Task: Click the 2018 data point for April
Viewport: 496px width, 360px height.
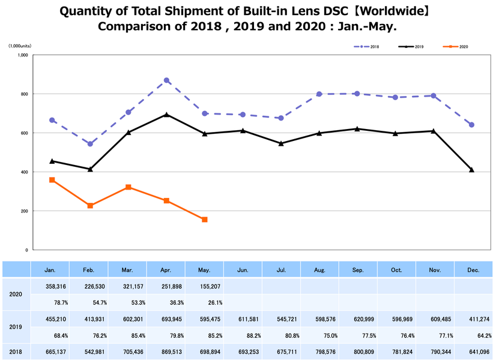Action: (166, 80)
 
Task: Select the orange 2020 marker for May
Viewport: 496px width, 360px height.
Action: (205, 220)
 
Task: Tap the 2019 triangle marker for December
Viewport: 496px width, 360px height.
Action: (471, 170)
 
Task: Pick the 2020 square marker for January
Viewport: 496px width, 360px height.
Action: (52, 180)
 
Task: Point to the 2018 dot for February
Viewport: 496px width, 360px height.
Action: (90, 144)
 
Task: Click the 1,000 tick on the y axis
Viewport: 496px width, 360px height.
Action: (23, 55)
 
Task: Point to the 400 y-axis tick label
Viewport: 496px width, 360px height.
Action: (23, 172)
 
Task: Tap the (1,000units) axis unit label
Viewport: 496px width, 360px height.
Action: (20, 46)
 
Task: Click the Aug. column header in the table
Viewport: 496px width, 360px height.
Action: (319, 270)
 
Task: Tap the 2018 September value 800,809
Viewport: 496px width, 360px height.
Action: (357, 352)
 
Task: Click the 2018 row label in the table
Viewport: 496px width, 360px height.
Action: (16, 352)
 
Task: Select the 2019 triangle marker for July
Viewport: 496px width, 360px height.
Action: (281, 143)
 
